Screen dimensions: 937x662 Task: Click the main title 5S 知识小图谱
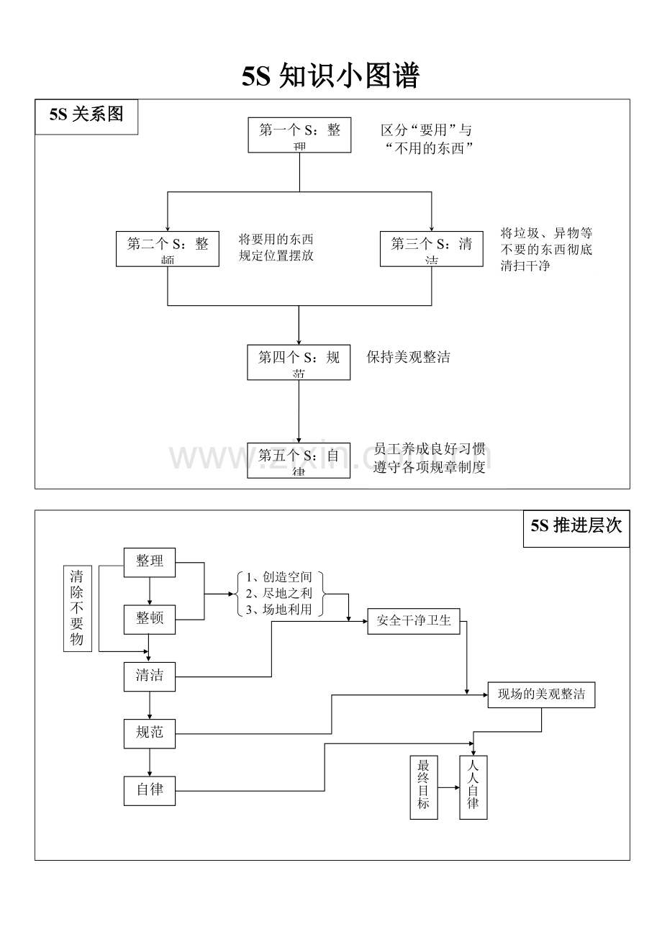click(330, 76)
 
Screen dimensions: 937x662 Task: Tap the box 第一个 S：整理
click(299, 135)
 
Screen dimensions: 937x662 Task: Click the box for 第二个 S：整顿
click(168, 248)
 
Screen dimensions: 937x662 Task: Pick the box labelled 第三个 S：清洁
click(431, 248)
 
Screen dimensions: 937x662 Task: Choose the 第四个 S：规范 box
click(299, 362)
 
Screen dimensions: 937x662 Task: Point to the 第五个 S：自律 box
click(299, 461)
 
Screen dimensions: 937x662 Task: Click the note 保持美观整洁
click(408, 358)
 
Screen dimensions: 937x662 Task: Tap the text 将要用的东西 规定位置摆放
click(276, 248)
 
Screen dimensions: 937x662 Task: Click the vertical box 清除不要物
click(77, 608)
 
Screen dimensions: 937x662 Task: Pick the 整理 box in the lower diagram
click(150, 562)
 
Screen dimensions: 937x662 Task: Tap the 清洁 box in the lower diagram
click(150, 676)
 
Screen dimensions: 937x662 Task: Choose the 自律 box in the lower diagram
click(150, 789)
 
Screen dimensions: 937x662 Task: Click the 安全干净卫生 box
click(414, 620)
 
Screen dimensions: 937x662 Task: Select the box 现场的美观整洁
click(541, 694)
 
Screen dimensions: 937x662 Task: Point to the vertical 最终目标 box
click(423, 787)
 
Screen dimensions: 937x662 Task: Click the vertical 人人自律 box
click(473, 787)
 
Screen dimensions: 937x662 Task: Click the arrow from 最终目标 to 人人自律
click(448, 788)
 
